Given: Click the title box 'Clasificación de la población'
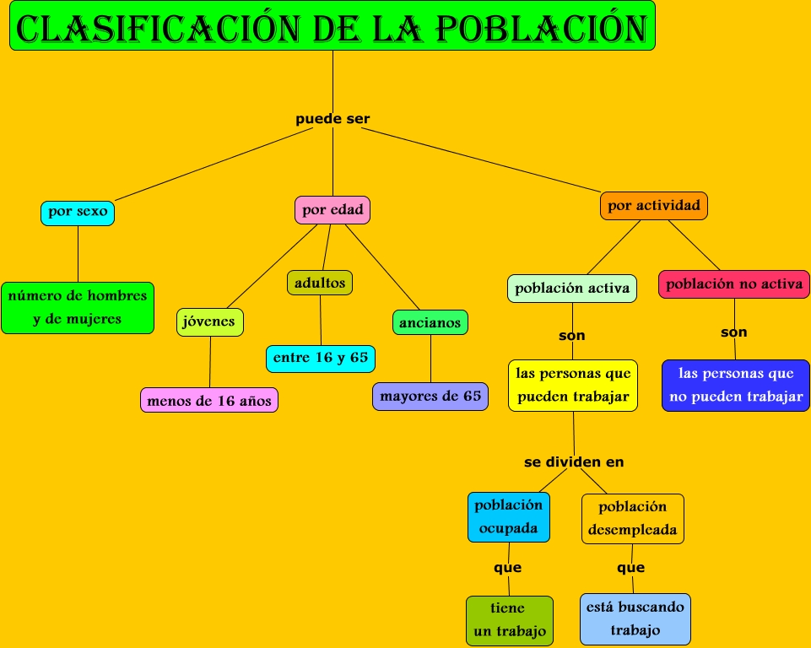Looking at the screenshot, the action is (x=333, y=26).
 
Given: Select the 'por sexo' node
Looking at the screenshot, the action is (x=78, y=212).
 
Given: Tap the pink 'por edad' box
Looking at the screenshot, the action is (x=333, y=210).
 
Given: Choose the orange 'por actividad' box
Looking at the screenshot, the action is (x=654, y=206).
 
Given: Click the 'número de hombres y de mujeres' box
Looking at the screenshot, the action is (x=78, y=307).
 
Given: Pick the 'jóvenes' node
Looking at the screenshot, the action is (x=210, y=322).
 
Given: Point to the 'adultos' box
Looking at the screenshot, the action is (x=320, y=283).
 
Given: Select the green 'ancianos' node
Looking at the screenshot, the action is (x=430, y=322).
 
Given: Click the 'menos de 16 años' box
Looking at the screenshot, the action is (x=209, y=401).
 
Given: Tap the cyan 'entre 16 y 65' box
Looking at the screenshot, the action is (x=321, y=358).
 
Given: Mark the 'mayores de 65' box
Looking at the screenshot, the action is (x=430, y=396).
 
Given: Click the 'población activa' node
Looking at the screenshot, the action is (x=572, y=288).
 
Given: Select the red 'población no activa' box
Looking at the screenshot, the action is (x=734, y=284).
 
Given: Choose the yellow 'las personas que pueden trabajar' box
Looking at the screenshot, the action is (x=573, y=386).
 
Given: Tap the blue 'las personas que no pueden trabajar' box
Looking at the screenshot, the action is (x=736, y=386).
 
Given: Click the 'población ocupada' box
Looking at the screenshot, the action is (x=509, y=517).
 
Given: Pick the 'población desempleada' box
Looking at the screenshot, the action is (x=633, y=518).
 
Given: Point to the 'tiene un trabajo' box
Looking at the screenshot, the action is (x=509, y=620).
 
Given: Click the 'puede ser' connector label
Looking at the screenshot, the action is (x=333, y=119).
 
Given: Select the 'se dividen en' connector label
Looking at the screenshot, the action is (x=574, y=462).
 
